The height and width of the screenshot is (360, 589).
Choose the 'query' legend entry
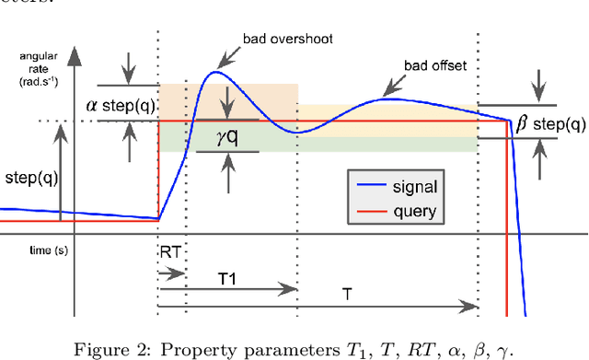pyautogui.click(x=413, y=212)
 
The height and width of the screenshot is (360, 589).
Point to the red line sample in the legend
pyautogui.click(x=368, y=213)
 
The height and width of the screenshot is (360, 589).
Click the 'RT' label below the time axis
pyautogui.click(x=169, y=250)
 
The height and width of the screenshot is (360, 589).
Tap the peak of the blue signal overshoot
pyautogui.click(x=218, y=72)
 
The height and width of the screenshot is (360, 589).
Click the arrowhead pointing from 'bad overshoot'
pyautogui.click(x=221, y=65)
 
